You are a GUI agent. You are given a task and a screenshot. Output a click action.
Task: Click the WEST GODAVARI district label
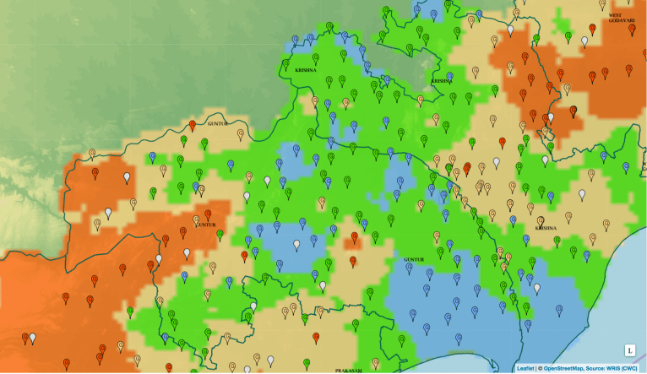[621, 18]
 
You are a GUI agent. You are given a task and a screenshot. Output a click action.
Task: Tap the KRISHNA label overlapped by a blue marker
[441, 81]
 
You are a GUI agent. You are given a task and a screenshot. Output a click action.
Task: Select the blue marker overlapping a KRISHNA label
[449, 76]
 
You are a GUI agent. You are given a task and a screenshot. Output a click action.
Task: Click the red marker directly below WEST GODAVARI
[592, 30]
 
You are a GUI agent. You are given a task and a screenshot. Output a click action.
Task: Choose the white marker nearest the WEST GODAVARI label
[584, 41]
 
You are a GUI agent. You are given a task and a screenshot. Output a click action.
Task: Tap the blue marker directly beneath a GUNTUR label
[429, 273]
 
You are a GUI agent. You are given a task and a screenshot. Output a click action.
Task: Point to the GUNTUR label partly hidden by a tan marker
[205, 225]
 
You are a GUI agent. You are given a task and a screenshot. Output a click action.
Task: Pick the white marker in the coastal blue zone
[536, 288]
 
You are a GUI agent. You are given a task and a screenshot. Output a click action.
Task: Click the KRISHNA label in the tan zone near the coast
[546, 227]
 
